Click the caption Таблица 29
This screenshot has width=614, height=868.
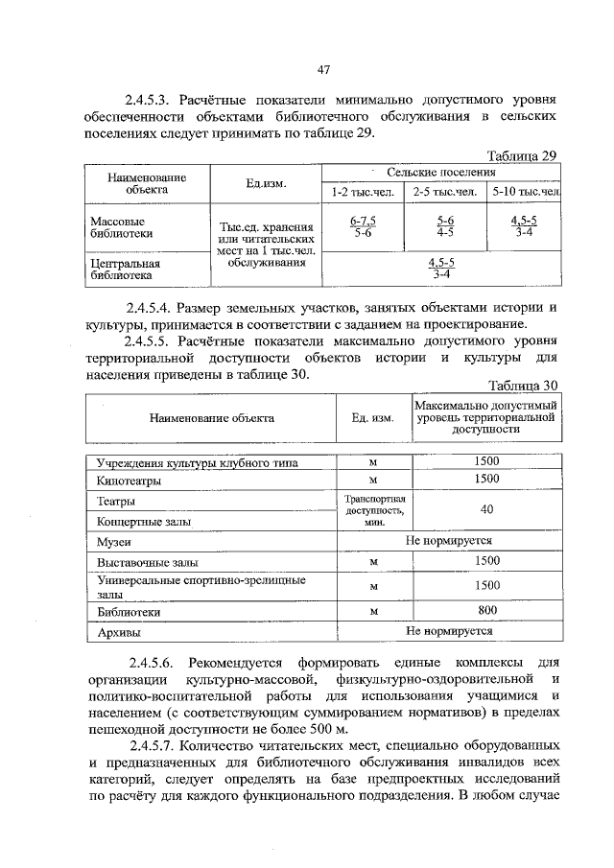(522, 156)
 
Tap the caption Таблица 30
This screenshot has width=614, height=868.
(522, 386)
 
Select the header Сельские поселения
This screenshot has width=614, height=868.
(441, 173)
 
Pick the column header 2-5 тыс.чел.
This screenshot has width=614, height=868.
(446, 192)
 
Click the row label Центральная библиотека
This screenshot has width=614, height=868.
(123, 268)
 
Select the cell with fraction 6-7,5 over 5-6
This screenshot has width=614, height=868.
(363, 226)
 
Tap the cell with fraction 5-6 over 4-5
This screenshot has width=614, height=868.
(445, 226)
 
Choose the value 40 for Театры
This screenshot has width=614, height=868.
(486, 510)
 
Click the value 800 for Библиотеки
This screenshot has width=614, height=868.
(486, 609)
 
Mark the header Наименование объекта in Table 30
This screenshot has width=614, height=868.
(211, 418)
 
